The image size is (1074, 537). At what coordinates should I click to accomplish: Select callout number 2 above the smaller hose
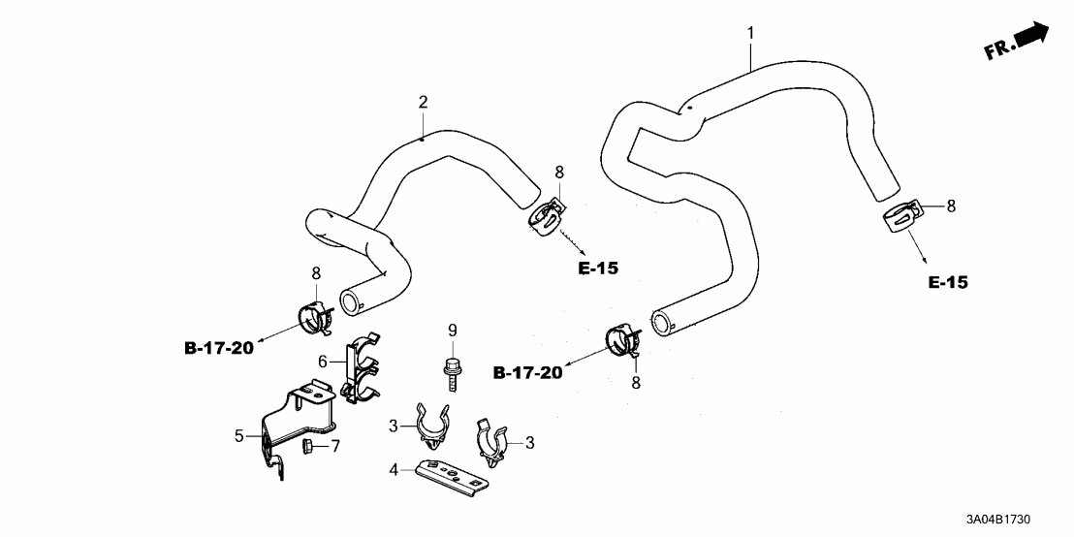[x=423, y=102]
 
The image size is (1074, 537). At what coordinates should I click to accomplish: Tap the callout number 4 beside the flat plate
[x=395, y=471]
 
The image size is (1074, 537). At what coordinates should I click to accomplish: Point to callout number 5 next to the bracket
[x=238, y=436]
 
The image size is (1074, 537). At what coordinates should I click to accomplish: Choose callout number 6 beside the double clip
[x=323, y=361]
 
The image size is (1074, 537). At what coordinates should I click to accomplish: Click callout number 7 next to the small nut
[x=336, y=446]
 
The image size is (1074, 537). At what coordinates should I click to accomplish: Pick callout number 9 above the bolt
[x=451, y=331]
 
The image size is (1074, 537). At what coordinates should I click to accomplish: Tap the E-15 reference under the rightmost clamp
[x=947, y=283]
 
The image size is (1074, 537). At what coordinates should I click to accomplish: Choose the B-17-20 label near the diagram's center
[x=527, y=372]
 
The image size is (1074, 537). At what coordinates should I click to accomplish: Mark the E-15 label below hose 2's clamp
[x=597, y=268]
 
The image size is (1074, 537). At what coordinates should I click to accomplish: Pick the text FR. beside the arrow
[x=998, y=48]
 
